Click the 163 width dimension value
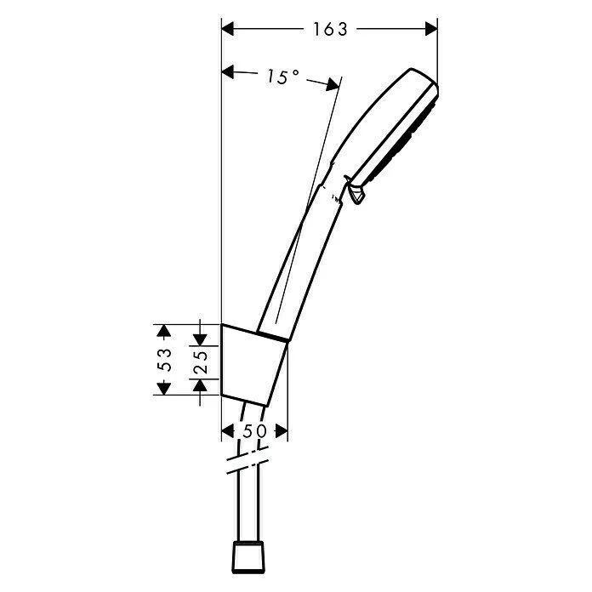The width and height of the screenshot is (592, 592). coord(330,29)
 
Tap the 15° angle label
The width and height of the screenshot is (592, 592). coord(282,77)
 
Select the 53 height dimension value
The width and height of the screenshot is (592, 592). coord(165,360)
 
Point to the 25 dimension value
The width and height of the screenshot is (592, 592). coord(201,360)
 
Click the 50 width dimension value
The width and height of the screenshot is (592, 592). coord(255,431)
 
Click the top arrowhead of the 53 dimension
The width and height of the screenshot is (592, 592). coord(165,331)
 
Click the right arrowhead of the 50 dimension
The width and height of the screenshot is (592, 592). coord(282,431)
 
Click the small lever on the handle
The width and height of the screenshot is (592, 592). coord(356,191)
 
